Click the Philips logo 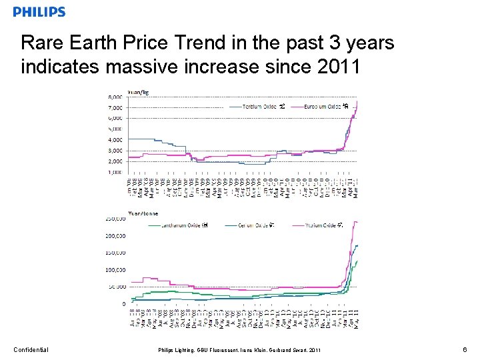[x=39, y=11]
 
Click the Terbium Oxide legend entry [x=261, y=106]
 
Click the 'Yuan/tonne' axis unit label [x=119, y=212]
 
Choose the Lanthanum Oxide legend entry [x=182, y=225]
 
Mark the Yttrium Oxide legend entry [x=322, y=225]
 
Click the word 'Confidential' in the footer [x=31, y=349]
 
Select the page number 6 [x=464, y=349]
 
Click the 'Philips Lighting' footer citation [x=239, y=350]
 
